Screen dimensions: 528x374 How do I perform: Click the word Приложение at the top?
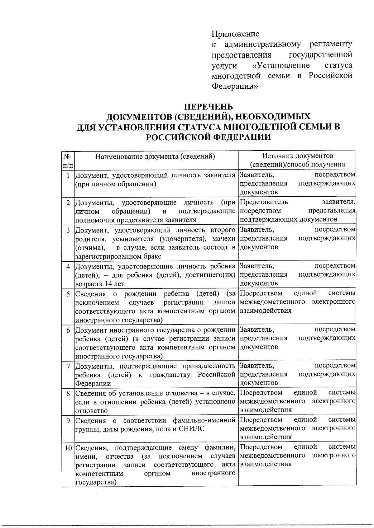click(235, 34)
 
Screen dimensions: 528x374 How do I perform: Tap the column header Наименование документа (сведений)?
click(155, 156)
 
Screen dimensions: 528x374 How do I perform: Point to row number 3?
click(68, 230)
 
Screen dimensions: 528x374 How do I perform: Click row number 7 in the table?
click(68, 366)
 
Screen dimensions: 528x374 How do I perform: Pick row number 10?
click(68, 448)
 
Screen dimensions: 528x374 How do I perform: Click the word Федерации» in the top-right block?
click(235, 86)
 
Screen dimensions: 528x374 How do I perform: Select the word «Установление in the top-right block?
click(280, 65)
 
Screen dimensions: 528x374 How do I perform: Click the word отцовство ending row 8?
click(91, 411)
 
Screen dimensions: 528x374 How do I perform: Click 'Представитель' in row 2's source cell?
click(264, 202)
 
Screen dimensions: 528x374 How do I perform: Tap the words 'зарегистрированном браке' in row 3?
click(118, 256)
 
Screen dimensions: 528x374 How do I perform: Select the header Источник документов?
click(297, 156)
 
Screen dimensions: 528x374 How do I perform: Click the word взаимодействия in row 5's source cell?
click(266, 311)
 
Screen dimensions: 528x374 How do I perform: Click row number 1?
click(68, 175)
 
